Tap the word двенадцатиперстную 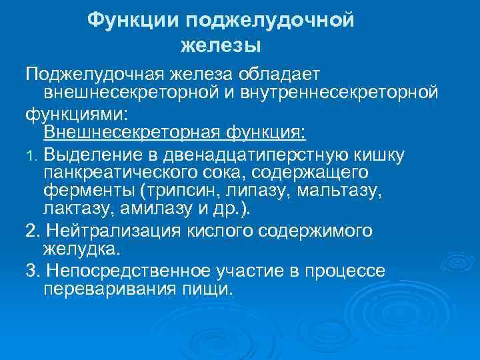click(x=259, y=155)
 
